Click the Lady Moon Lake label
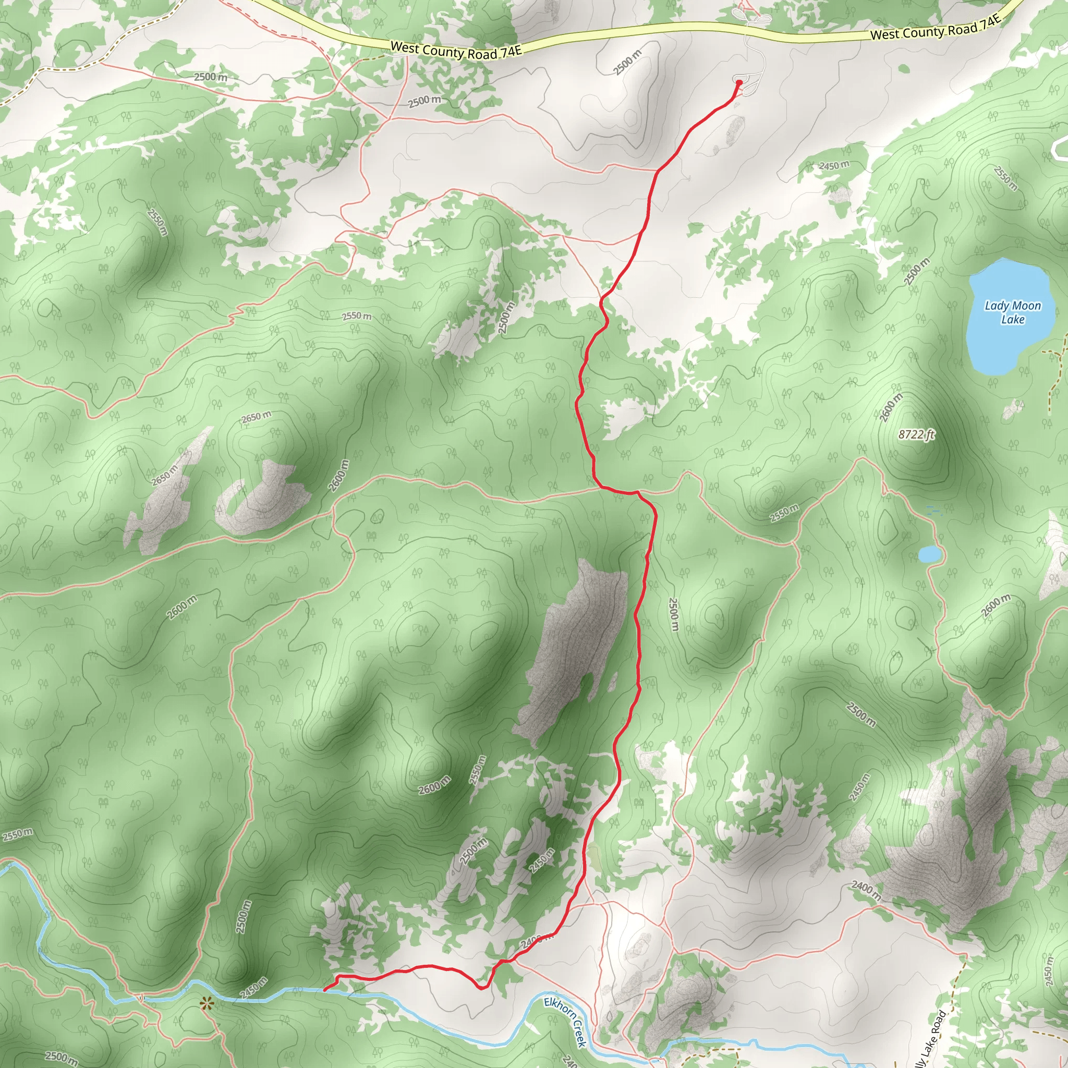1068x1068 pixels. [1012, 312]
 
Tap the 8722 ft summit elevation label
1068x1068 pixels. [916, 434]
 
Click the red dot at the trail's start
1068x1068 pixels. [739, 83]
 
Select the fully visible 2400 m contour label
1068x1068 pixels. [865, 889]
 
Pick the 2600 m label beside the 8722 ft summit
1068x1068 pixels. [891, 407]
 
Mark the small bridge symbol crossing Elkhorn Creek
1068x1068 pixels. [142, 998]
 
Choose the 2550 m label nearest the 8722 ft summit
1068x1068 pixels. [784, 513]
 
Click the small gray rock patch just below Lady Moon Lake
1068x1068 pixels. [1012, 409]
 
